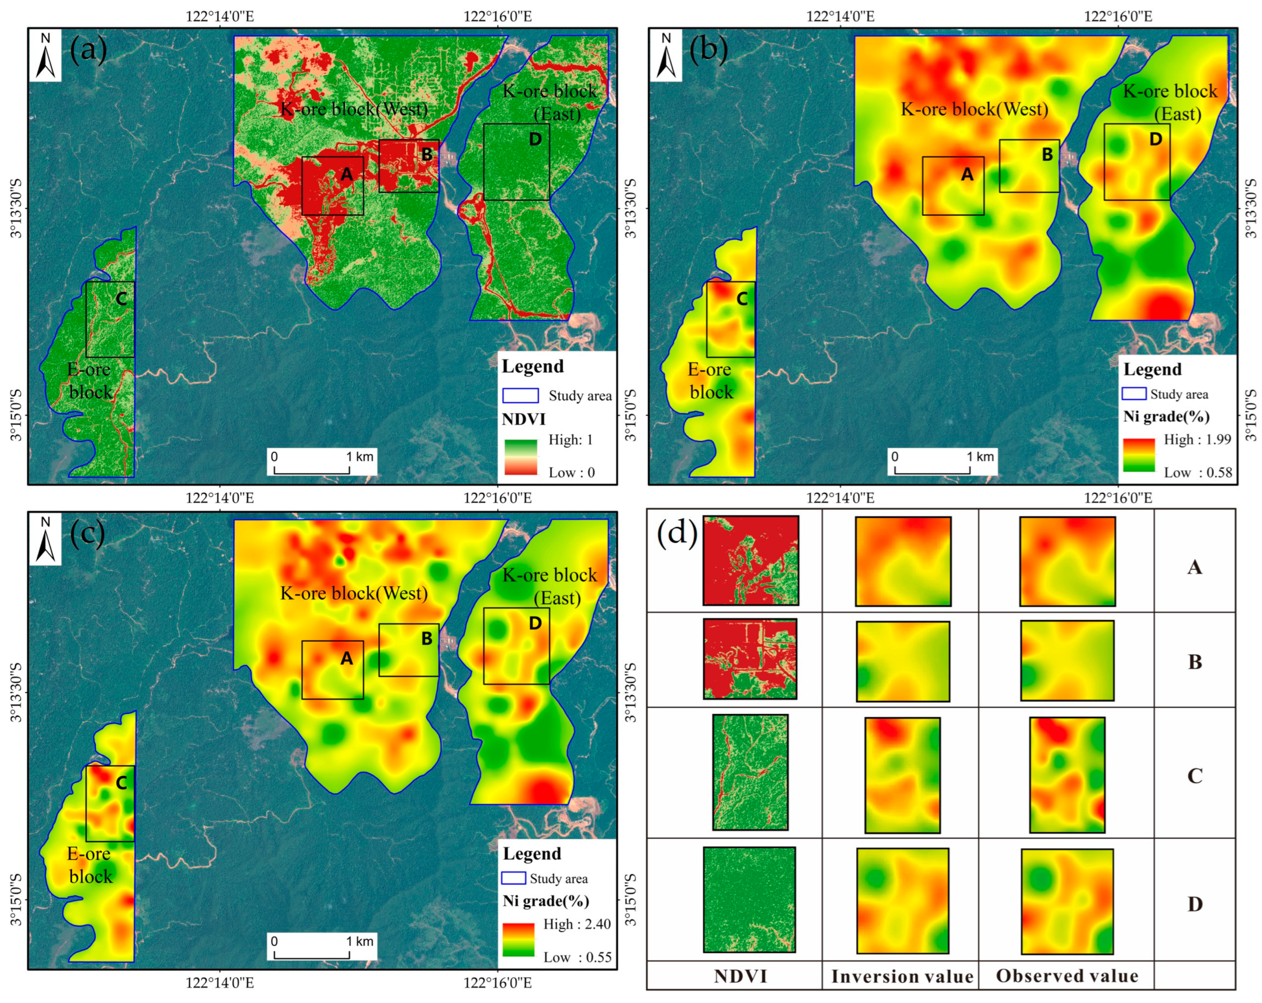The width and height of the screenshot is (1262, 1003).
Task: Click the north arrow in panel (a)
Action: coord(45,57)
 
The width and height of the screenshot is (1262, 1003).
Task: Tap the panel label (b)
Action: coord(709,50)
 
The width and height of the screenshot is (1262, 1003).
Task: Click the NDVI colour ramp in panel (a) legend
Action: coord(521,457)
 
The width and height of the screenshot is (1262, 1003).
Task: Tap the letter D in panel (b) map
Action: coord(1155,139)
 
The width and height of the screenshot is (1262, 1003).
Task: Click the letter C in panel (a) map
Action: coord(121,299)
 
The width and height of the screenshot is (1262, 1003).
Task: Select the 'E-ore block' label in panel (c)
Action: coord(89,865)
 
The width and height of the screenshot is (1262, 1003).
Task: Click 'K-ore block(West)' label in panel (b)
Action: coord(974,109)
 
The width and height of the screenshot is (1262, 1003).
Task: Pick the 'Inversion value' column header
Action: coord(901,976)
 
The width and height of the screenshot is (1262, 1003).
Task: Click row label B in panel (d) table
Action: coord(1195,662)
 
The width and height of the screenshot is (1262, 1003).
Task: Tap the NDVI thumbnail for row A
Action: coord(750,560)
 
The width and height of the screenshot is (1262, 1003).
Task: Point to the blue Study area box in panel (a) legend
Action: coord(521,395)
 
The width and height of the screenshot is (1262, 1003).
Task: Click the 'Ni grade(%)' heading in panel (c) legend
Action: coord(545,901)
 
